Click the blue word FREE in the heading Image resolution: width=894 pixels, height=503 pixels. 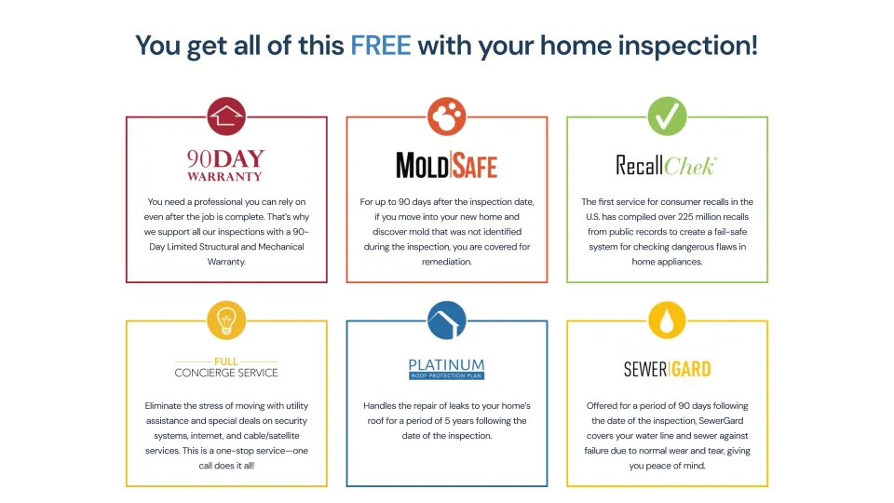tap(380, 45)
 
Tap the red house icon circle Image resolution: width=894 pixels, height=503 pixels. tap(226, 116)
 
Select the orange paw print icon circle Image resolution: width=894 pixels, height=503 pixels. tap(447, 116)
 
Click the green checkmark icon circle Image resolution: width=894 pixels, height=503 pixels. tap(667, 116)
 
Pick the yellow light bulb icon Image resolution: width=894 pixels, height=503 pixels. tap(226, 320)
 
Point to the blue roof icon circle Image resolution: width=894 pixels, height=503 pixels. tap(447, 320)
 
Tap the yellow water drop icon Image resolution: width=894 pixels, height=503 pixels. tap(667, 320)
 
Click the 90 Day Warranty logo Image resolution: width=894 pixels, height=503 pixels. tap(226, 165)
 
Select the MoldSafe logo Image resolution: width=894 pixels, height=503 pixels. tap(447, 165)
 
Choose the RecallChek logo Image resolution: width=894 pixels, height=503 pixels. tap(667, 165)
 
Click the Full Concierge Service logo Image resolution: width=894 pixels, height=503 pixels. tap(226, 368)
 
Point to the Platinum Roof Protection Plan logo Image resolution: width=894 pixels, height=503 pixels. tap(447, 369)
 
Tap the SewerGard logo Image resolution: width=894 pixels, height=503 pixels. tap(667, 369)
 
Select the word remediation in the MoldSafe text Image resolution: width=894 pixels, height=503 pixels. tap(447, 262)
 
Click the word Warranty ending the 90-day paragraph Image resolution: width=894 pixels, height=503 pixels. tap(226, 262)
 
